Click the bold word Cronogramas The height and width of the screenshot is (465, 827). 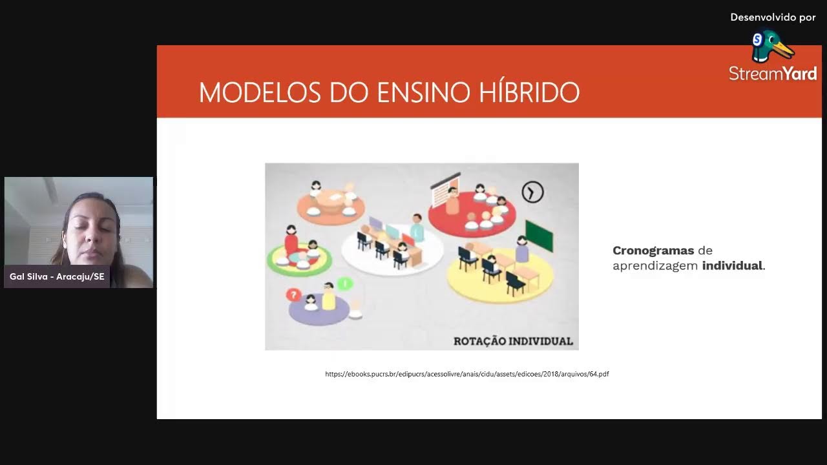[653, 251]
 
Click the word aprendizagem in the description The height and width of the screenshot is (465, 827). [655, 265]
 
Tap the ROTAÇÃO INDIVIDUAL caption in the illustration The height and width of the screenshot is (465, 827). [513, 341]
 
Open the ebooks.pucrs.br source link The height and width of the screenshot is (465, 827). [466, 374]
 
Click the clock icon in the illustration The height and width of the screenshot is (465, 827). [533, 192]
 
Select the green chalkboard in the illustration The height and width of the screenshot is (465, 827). [539, 235]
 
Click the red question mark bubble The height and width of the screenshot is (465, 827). [294, 295]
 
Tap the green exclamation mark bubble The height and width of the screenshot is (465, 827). [345, 283]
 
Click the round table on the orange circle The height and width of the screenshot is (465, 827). [330, 199]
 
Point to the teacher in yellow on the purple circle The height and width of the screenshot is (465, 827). [329, 298]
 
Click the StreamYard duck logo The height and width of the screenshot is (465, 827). [771, 46]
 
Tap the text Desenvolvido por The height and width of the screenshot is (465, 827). [773, 17]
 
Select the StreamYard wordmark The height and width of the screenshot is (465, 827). [773, 74]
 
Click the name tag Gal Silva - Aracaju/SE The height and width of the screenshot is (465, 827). [57, 276]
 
